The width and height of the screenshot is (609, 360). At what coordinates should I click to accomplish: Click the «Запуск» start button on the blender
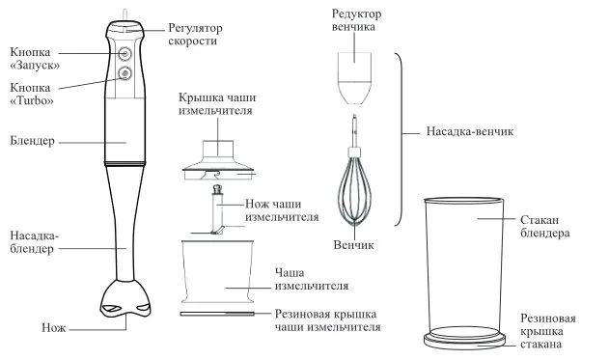[x=125, y=54]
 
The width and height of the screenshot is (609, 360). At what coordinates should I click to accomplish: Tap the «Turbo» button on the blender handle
[x=125, y=73]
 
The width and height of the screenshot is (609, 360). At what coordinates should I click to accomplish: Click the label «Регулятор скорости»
[x=195, y=34]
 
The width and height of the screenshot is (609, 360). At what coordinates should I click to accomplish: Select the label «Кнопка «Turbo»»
[x=32, y=94]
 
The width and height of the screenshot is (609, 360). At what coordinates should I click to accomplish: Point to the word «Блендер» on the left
[x=32, y=141]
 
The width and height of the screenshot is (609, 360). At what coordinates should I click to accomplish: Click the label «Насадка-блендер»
[x=34, y=242]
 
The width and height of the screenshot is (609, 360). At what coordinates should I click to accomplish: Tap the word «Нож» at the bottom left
[x=54, y=328]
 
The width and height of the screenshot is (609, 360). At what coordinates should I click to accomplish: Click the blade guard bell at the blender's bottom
[x=125, y=298]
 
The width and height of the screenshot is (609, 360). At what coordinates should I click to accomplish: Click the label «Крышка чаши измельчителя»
[x=217, y=104]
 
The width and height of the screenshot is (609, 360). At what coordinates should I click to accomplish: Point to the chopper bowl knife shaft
[x=217, y=209]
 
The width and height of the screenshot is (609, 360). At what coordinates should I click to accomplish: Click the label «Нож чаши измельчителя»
[x=282, y=210]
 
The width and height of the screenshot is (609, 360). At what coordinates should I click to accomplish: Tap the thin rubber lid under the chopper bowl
[x=217, y=314]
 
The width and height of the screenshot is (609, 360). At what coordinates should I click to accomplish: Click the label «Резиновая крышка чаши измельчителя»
[x=327, y=320]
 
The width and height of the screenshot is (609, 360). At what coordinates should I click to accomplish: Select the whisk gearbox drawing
[x=354, y=78]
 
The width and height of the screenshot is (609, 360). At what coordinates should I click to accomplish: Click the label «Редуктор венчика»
[x=356, y=20]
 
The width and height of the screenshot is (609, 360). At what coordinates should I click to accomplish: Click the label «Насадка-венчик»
[x=470, y=131]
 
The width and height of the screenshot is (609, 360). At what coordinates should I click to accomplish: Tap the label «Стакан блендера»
[x=545, y=227]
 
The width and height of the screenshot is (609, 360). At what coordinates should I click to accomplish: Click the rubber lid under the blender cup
[x=464, y=339]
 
